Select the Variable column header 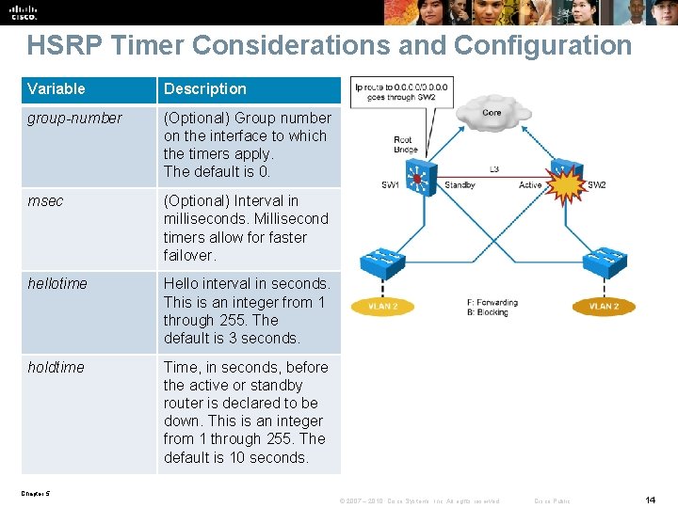[56, 89]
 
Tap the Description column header [204, 89]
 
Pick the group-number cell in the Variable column [74, 119]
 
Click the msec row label [45, 201]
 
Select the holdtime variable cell [56, 368]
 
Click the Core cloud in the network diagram [492, 112]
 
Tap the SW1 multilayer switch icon [417, 176]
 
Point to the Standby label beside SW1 [460, 185]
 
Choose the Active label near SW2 [530, 185]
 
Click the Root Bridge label [404, 145]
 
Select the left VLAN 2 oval [382, 307]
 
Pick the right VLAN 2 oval [604, 307]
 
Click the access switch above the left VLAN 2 [383, 262]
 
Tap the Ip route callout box [402, 92]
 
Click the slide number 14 [650, 500]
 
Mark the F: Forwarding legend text [492, 303]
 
